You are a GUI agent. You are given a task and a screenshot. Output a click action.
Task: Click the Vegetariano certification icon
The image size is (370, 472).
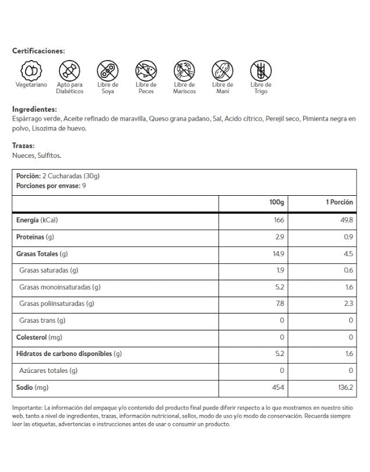(x=31, y=71)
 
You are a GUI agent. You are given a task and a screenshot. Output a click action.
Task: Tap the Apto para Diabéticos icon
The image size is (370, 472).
(x=69, y=71)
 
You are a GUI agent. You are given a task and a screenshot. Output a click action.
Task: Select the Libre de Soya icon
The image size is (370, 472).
(x=107, y=71)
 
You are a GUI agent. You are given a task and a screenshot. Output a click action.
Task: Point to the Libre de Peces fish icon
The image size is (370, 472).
(x=146, y=71)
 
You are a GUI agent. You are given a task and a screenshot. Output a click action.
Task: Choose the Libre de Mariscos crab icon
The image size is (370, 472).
(x=184, y=71)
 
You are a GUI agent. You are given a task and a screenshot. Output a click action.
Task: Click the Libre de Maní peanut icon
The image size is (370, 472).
(x=223, y=71)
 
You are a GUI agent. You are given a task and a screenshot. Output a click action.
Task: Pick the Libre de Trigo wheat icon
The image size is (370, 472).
(x=260, y=71)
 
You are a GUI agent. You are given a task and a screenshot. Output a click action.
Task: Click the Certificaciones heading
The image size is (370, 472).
(x=38, y=51)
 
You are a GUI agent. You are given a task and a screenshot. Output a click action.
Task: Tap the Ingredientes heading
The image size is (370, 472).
(x=34, y=109)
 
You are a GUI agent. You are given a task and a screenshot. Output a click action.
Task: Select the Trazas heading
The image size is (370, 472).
(x=23, y=146)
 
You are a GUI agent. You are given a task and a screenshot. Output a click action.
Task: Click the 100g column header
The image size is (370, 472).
(x=276, y=202)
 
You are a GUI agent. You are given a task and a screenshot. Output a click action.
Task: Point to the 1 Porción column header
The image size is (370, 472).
(x=339, y=202)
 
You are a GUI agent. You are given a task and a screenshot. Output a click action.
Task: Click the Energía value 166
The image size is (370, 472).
(x=279, y=220)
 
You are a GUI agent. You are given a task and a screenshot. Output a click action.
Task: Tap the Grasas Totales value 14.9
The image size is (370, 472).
(x=278, y=253)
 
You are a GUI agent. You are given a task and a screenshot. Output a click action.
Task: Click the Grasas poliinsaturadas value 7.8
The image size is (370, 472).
(x=280, y=304)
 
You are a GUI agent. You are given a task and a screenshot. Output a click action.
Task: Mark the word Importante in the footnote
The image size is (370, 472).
(x=27, y=408)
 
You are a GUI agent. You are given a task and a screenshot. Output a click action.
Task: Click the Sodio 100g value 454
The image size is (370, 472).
(x=278, y=388)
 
